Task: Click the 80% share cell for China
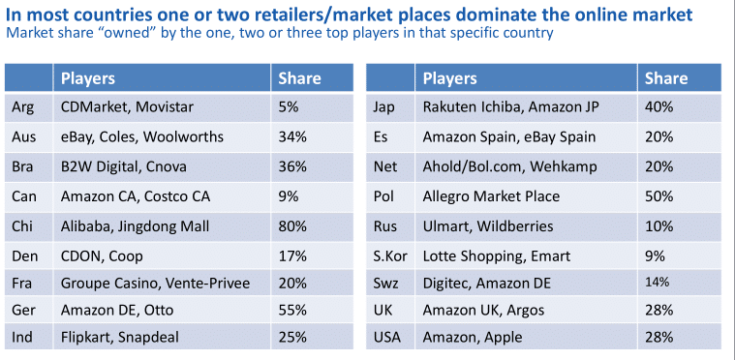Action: (292, 226)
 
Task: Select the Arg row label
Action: (22, 107)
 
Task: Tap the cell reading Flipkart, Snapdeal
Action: (119, 337)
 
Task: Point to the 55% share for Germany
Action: (292, 310)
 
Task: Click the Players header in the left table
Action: (88, 78)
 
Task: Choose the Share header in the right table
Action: (666, 78)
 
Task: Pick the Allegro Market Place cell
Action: (491, 196)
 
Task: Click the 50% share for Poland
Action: (659, 196)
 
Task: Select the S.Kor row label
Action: (390, 256)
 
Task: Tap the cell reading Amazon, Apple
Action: (473, 337)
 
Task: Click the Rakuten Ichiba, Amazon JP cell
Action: (510, 107)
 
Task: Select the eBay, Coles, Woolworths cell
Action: (142, 136)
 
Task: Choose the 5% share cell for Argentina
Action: (289, 107)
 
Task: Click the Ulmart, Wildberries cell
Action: (488, 226)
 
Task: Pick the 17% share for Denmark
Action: (292, 256)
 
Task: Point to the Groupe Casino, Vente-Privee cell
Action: (155, 284)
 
